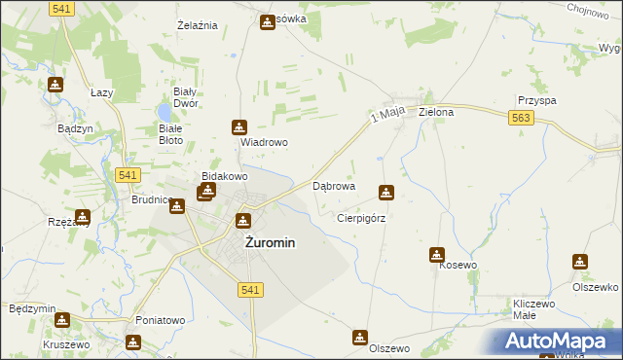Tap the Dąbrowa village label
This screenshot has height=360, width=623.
coord(333,185)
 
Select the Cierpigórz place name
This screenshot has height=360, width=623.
coord(361,219)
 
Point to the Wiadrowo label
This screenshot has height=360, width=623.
coord(264,141)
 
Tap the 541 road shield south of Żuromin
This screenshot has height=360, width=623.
coord(250,290)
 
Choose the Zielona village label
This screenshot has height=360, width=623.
coord(436,112)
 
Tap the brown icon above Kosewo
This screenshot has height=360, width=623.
coord(437,255)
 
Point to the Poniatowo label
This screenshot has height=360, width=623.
coord(160,320)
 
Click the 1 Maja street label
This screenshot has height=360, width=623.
coord(387,117)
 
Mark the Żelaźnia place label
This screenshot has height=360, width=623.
coord(196,24)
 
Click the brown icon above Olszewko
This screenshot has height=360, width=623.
coord(580,261)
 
